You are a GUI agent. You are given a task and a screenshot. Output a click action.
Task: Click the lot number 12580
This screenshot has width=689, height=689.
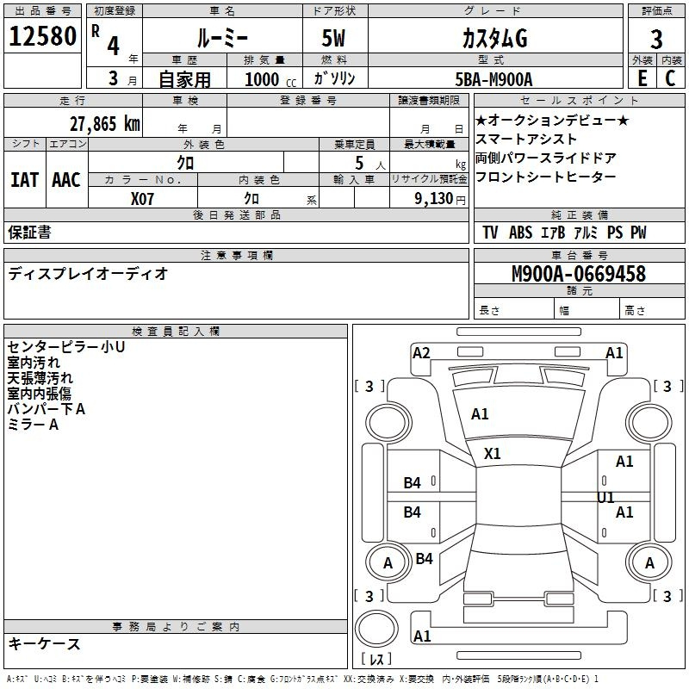pos(42,36)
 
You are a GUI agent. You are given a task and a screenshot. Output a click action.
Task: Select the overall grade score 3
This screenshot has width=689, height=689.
pos(656,40)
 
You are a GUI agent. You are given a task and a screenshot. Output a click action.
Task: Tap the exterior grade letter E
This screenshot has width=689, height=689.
pos(642,78)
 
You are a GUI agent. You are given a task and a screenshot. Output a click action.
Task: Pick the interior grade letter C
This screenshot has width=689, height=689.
pos(670,78)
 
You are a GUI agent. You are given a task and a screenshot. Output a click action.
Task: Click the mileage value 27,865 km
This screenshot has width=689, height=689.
pos(105,124)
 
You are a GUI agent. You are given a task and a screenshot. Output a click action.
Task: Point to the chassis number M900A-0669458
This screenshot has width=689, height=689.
pos(579,274)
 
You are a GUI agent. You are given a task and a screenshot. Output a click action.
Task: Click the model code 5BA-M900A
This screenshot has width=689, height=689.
pos(493,79)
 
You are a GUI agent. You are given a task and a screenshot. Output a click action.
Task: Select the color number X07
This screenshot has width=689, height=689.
pos(142,199)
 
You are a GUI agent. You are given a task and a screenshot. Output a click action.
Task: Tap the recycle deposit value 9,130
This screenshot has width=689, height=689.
pos(434,199)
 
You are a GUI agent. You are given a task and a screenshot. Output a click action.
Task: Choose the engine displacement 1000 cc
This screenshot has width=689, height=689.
pos(270,79)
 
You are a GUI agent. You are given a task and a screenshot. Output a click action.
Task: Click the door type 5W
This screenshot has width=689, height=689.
pos(333,38)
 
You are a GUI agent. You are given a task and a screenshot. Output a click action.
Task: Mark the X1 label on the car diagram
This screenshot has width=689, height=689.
pos(492,454)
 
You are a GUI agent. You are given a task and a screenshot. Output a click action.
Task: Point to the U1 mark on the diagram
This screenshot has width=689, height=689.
pos(605,498)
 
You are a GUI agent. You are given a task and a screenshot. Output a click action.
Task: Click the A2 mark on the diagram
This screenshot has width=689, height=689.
pos(421,353)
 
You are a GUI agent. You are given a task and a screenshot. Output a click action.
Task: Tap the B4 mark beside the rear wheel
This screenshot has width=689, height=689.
pos(424,558)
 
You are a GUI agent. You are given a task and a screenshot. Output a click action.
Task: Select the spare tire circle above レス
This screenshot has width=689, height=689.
pos(376,629)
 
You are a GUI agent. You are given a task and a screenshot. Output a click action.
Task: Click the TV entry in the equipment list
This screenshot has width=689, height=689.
pos(490,232)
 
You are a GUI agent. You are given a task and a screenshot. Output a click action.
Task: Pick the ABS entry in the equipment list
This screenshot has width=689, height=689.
pos(521,232)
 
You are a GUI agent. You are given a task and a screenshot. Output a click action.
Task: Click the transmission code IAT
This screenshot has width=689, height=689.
pos(24,180)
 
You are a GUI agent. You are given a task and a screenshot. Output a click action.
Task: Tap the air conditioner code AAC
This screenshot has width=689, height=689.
pos(66,180)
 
